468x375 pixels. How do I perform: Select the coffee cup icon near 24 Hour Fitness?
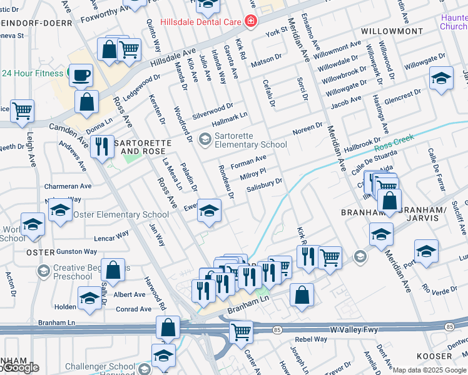point(81,76)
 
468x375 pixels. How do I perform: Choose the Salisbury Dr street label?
point(264,185)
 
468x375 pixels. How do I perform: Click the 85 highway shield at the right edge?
point(449,327)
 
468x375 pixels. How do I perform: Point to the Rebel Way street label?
point(312,339)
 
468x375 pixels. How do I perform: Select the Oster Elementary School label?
point(121,214)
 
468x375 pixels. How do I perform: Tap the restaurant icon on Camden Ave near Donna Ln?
point(101,147)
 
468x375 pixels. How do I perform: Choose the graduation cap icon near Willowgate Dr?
point(441,79)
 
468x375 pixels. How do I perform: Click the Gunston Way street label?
point(77,252)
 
